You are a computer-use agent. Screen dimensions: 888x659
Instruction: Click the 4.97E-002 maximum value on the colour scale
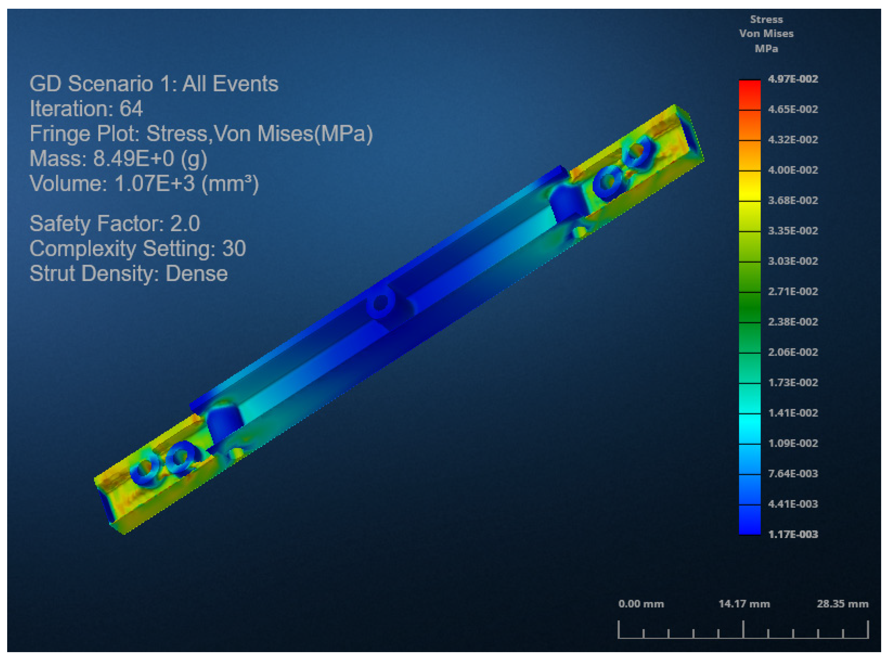(x=792, y=79)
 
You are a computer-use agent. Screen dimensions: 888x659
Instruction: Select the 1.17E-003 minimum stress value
(x=792, y=534)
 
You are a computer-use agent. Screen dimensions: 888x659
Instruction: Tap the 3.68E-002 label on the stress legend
(x=792, y=200)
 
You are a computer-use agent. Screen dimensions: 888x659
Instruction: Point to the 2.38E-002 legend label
(x=792, y=322)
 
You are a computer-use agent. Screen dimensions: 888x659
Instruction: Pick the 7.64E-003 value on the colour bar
(x=792, y=473)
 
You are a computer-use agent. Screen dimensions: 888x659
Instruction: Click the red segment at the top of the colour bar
(x=749, y=95)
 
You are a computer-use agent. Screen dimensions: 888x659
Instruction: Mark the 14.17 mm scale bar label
(x=744, y=604)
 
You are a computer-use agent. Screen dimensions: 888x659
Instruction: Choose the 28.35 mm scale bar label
(x=842, y=604)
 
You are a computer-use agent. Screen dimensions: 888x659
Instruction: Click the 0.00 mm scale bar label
(x=641, y=604)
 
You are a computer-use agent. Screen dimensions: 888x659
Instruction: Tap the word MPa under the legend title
(x=766, y=49)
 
